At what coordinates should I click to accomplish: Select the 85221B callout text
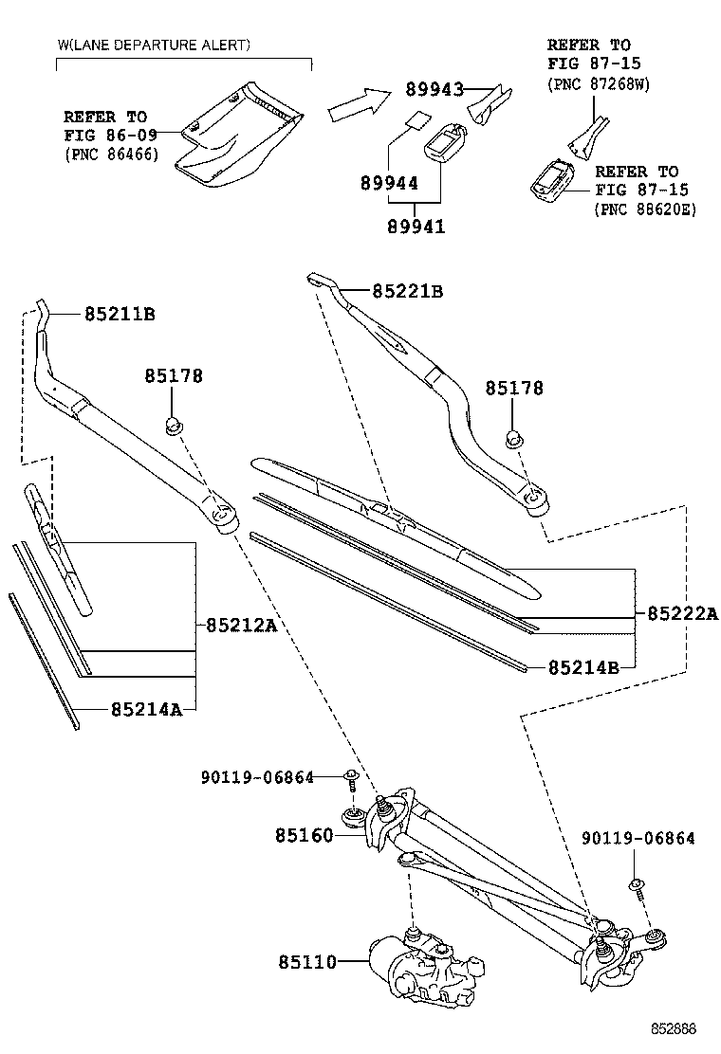coord(407,291)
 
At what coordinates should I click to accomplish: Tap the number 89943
coord(434,90)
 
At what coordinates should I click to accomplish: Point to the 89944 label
coord(389,183)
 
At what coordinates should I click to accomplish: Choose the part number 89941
coord(416,227)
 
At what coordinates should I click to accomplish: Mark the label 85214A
coord(145,709)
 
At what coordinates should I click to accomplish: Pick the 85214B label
coord(583,667)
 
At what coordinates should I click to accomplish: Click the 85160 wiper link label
coord(305,835)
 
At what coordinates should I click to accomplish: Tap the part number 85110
coord(307,962)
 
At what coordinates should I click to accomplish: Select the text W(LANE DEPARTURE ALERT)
coord(155,45)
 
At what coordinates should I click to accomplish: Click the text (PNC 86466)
coord(111,154)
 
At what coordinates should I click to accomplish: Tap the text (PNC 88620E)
coord(645,209)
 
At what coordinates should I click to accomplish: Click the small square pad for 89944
coord(414,121)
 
